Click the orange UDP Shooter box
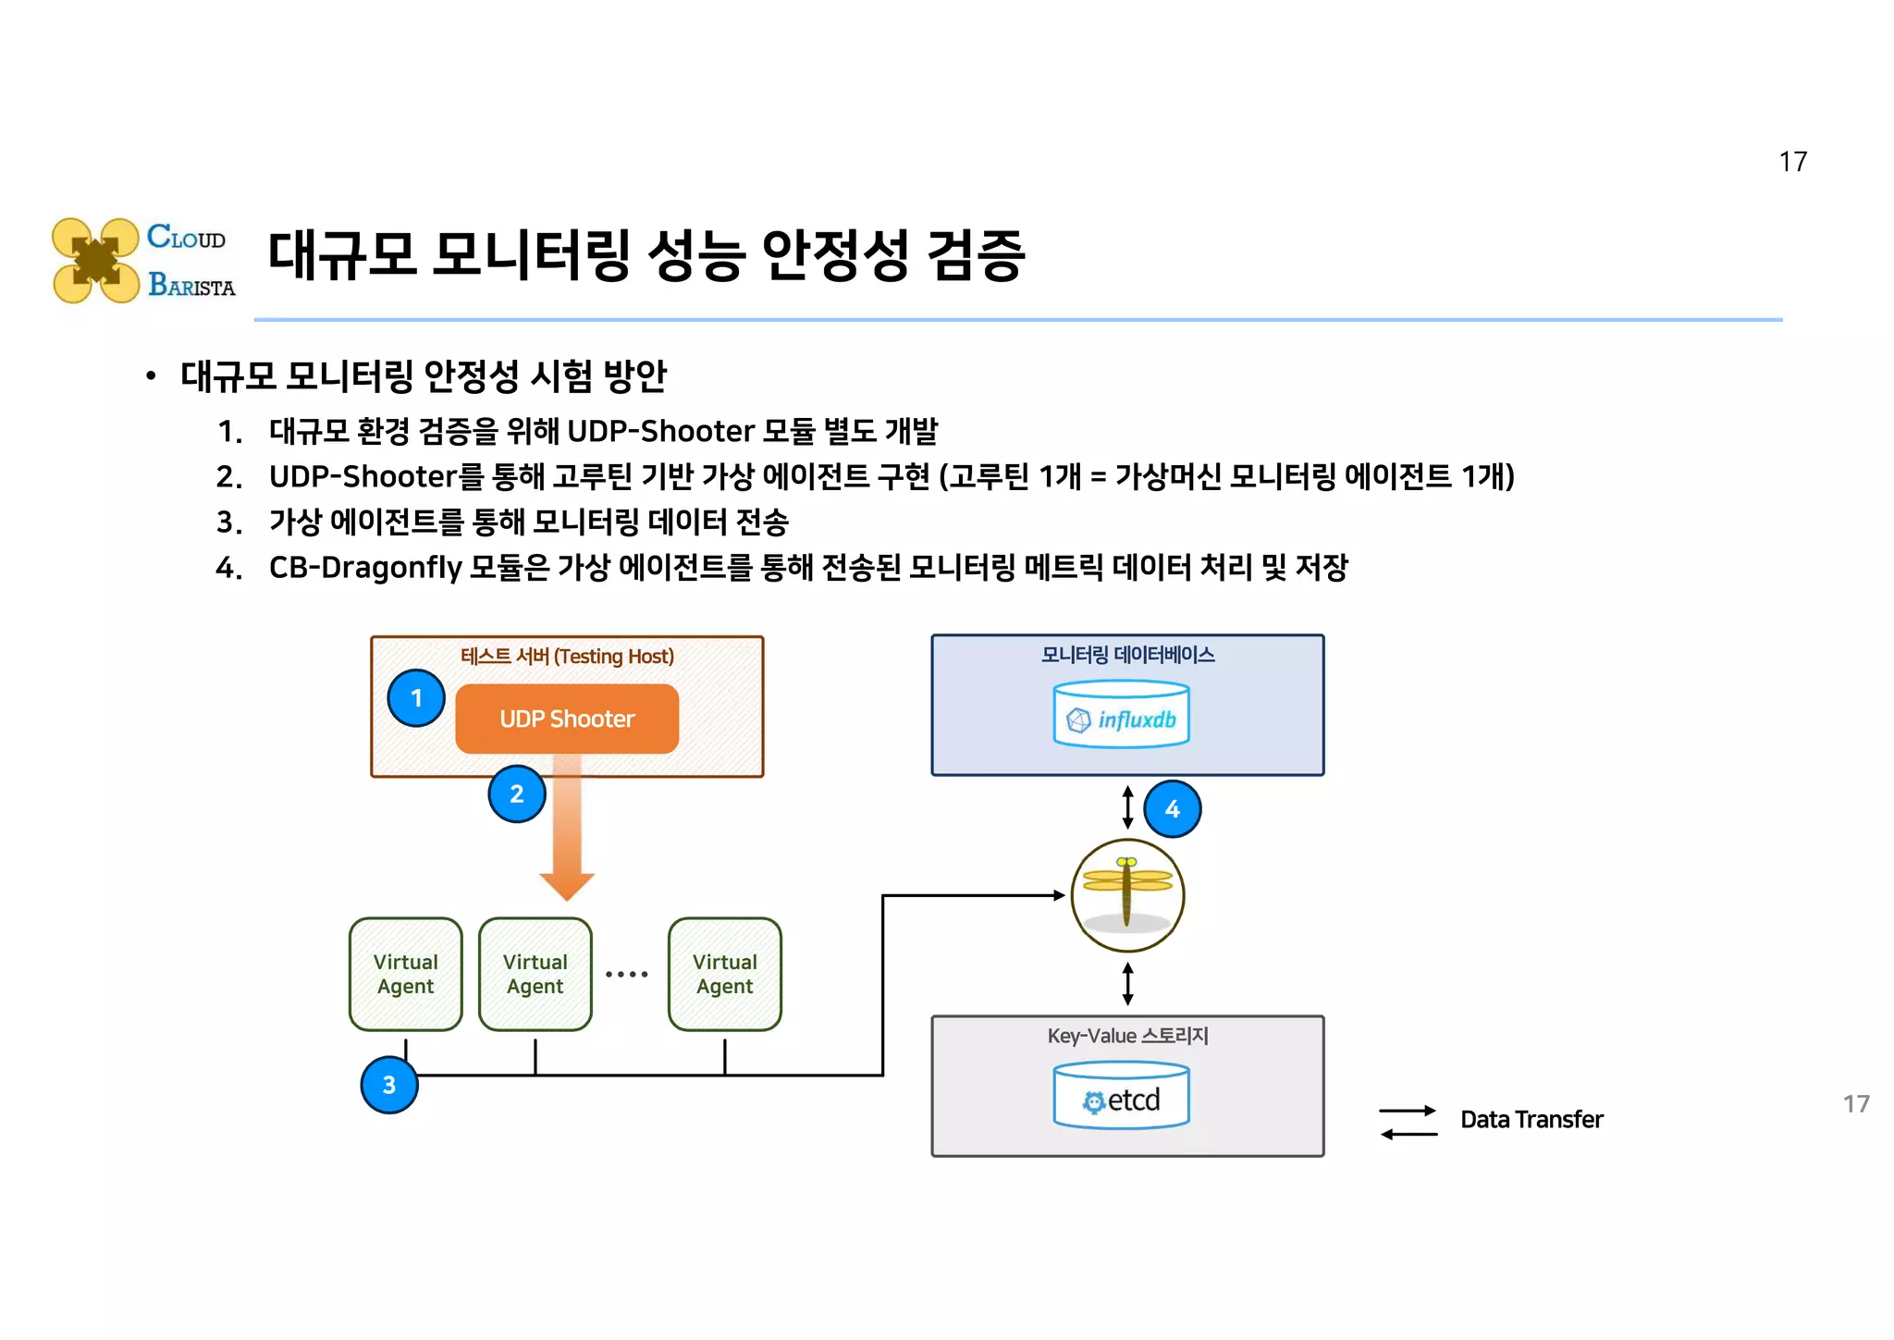point(567,719)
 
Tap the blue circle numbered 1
point(416,697)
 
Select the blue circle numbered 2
point(516,793)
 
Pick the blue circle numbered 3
point(388,1084)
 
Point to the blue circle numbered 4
point(1172,809)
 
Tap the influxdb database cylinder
point(1121,714)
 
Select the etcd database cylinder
point(1121,1096)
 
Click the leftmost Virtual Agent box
point(405,974)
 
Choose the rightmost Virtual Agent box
point(724,974)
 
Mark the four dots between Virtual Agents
point(626,974)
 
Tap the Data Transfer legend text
point(1531,1119)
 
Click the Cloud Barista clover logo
point(95,261)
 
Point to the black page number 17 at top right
point(1792,162)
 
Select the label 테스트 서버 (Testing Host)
point(567,656)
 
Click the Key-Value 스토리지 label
point(1127,1035)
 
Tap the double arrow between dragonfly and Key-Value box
point(1127,983)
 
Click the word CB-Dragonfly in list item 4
point(365,567)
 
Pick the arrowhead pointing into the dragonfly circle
point(1060,895)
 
